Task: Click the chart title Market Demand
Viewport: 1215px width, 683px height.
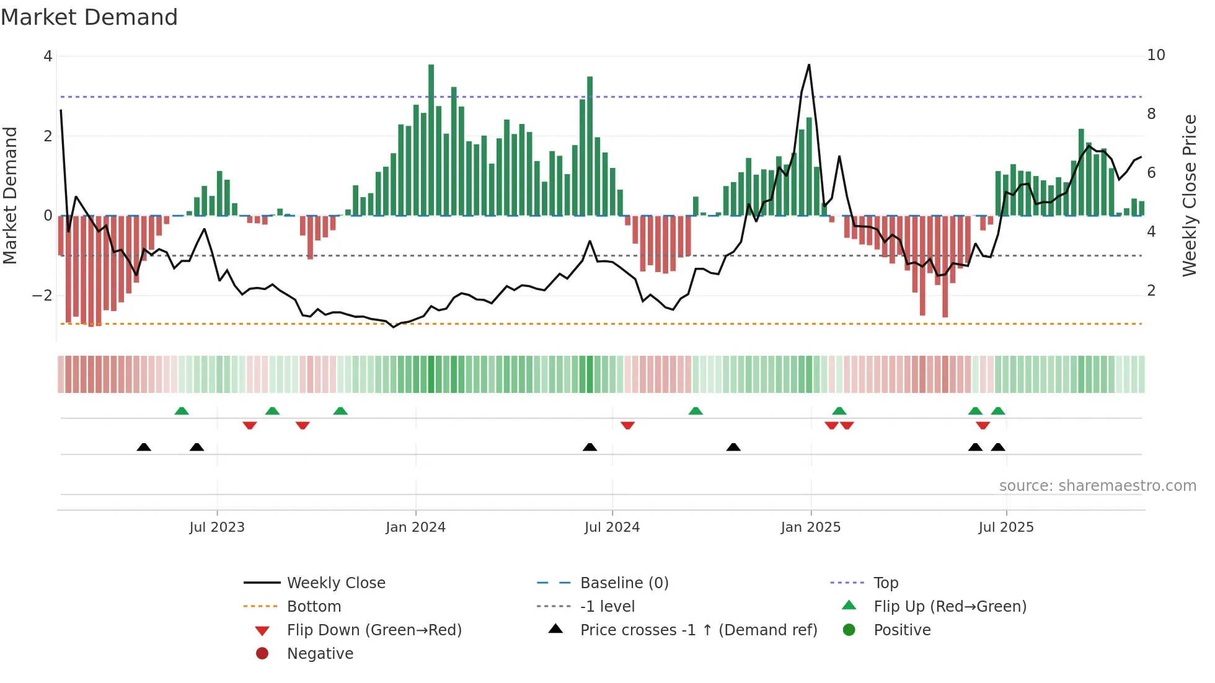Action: (x=89, y=17)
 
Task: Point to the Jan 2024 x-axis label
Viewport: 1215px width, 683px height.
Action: (x=415, y=527)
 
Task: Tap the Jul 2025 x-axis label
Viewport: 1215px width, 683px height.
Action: (x=1005, y=527)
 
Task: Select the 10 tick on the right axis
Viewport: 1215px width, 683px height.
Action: (x=1155, y=55)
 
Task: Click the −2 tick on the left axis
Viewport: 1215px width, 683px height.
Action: (x=42, y=295)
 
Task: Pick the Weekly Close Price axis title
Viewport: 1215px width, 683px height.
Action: (x=1189, y=195)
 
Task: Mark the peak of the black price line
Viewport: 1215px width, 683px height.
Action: (x=809, y=65)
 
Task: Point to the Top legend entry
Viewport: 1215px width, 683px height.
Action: (x=885, y=583)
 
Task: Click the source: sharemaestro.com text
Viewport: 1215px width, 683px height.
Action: (x=1097, y=485)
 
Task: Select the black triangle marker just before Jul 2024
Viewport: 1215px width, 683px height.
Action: (x=590, y=447)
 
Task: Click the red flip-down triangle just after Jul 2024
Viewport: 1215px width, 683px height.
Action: (x=627, y=425)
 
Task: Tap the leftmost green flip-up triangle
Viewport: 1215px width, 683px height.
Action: (x=182, y=411)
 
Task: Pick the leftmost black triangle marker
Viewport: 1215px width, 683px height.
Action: (x=144, y=447)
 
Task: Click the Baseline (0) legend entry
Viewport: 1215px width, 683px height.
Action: (x=624, y=583)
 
